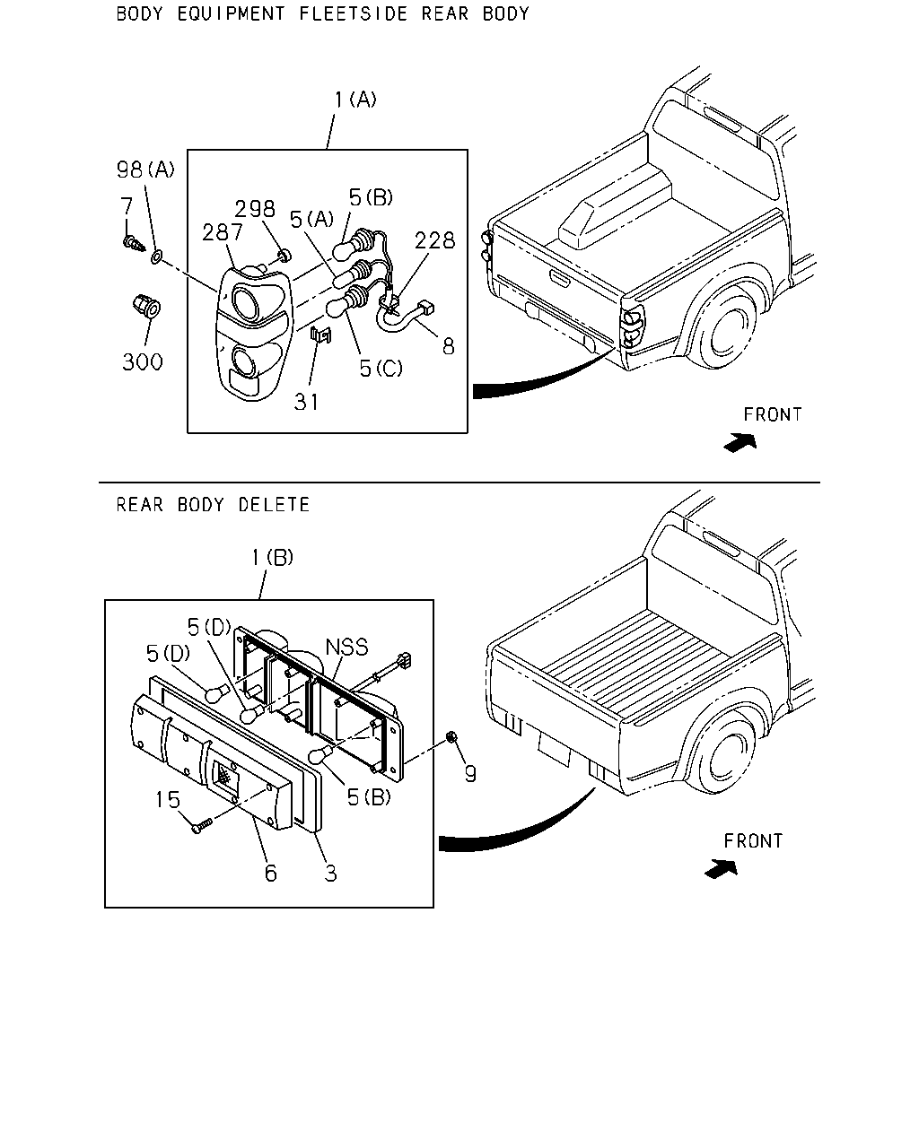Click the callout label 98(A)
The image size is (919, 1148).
click(x=145, y=170)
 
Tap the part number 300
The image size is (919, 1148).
click(x=142, y=362)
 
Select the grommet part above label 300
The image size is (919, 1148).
click(x=147, y=306)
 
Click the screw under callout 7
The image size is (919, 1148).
click(x=134, y=244)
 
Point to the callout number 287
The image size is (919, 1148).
click(x=223, y=232)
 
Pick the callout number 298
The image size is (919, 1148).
click(x=255, y=209)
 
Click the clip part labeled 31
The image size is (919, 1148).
click(x=321, y=335)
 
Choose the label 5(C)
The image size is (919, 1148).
click(x=381, y=369)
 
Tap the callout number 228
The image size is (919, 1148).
click(x=434, y=240)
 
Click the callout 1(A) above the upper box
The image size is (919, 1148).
click(x=355, y=100)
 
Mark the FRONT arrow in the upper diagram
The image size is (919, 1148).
click(x=740, y=442)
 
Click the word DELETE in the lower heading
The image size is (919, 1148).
click(x=274, y=505)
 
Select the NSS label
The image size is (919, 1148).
click(x=346, y=647)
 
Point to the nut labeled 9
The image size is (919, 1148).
click(x=451, y=737)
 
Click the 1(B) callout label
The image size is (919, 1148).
click(x=272, y=558)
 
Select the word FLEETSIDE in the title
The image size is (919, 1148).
click(x=353, y=13)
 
